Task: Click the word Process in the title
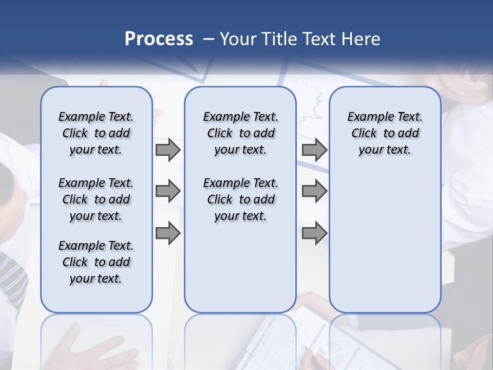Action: (159, 39)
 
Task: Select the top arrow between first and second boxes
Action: (167, 150)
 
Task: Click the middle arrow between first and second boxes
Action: (167, 192)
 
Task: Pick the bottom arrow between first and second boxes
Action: (167, 233)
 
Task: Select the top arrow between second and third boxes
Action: (314, 150)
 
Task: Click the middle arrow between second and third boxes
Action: (314, 192)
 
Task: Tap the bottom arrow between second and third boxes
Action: (314, 233)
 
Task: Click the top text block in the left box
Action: (96, 133)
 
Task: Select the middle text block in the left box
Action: (96, 199)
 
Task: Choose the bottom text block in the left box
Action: (96, 262)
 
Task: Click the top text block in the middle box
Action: (240, 133)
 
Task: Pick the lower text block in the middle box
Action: (240, 199)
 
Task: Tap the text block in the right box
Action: (385, 133)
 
